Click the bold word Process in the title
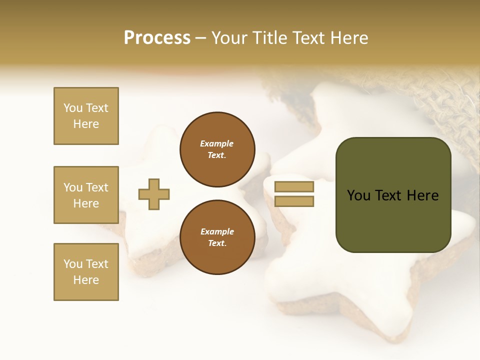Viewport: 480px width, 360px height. click(x=157, y=38)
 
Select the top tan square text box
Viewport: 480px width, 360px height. click(x=86, y=116)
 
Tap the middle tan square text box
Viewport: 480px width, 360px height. click(x=86, y=195)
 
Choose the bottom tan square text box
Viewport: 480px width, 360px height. click(x=86, y=272)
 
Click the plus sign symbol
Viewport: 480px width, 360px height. click(x=154, y=194)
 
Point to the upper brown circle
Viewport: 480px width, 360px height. click(x=217, y=149)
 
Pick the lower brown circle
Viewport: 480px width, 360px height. click(x=217, y=237)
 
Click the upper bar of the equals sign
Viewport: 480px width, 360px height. click(x=294, y=187)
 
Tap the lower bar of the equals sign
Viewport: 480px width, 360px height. click(x=294, y=201)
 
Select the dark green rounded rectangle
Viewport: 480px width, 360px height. click(x=393, y=220)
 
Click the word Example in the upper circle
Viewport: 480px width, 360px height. click(x=217, y=143)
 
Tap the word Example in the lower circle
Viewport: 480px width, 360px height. click(x=217, y=231)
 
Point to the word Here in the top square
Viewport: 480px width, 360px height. click(x=86, y=124)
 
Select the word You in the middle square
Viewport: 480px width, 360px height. click(x=73, y=187)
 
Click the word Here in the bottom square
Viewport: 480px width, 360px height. click(x=86, y=280)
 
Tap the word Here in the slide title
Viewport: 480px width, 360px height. click(x=350, y=38)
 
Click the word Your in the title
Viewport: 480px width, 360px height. click(x=229, y=38)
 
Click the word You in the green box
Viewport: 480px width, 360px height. click(x=358, y=195)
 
